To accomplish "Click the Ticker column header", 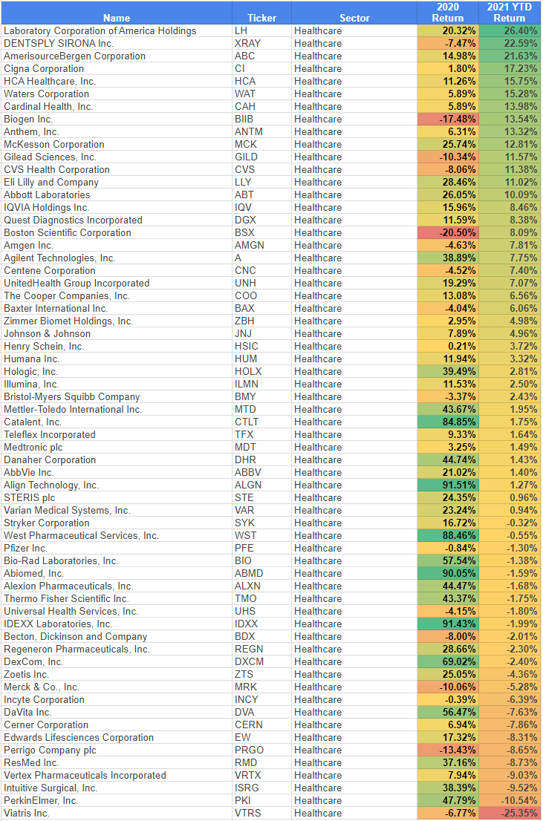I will point(261,18).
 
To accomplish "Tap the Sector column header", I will point(354,18).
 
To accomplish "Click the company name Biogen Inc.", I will point(28,119).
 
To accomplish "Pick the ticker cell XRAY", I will point(247,43).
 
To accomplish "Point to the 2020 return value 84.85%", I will point(459,422).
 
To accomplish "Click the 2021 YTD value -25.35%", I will point(520,813).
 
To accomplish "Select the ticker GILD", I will point(246,157).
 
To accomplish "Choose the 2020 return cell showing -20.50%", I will point(458,232).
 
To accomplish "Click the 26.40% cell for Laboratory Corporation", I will point(520,30).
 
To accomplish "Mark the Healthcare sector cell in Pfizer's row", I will point(318,548).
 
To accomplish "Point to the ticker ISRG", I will point(247,788).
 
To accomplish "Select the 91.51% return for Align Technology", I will point(459,485).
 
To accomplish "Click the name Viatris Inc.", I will point(27,813).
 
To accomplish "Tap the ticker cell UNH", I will point(245,283).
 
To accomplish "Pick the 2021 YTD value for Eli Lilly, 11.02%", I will point(520,182).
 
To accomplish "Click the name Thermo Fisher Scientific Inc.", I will point(66,598).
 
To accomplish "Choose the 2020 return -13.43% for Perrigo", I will point(458,750).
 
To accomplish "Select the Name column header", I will point(117,18).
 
